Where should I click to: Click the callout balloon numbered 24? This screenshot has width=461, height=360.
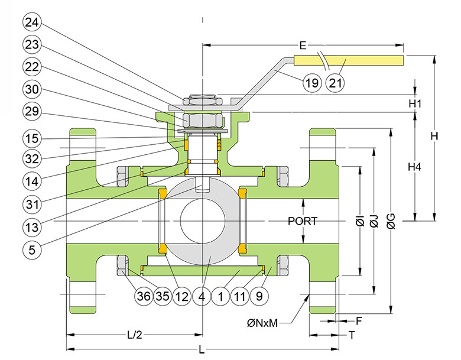[x=32, y=22]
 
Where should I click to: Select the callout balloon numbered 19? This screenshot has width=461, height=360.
[x=312, y=83]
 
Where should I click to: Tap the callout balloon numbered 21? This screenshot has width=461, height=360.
[x=335, y=83]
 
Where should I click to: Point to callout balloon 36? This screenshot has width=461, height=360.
[x=144, y=296]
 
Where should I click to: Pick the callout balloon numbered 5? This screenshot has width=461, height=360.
[x=32, y=250]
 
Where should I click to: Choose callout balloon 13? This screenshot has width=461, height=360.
[x=32, y=228]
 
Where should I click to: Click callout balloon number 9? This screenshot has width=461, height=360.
[x=259, y=296]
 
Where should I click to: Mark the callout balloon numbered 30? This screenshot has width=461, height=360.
[x=32, y=89]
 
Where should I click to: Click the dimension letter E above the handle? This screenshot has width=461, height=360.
[x=303, y=46]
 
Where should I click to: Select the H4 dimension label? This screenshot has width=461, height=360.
[x=414, y=167]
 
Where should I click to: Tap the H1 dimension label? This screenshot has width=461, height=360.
[x=415, y=103]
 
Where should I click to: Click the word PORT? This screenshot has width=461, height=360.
[x=303, y=221]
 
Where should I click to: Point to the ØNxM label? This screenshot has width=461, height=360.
[x=262, y=323]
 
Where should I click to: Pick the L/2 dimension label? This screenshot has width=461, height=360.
[x=135, y=335]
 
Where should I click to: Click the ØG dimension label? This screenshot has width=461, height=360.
[x=391, y=221]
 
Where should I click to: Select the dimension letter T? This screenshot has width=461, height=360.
[x=352, y=335]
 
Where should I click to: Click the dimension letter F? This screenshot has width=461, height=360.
[x=359, y=321]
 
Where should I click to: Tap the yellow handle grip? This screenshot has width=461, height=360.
[x=349, y=60]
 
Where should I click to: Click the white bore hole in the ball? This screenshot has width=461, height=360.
[x=203, y=220]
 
